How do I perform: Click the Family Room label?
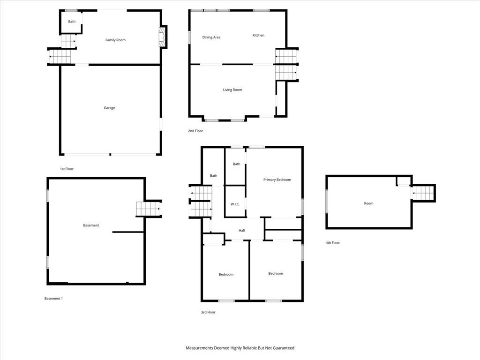[x=115, y=40]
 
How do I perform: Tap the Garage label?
[x=109, y=108]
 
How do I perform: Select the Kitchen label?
[x=258, y=35]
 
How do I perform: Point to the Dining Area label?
[x=211, y=37]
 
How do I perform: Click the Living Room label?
[x=232, y=90]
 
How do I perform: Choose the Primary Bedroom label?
[x=277, y=180]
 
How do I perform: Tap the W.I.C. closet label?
[x=235, y=204]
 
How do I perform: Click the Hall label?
[x=241, y=231]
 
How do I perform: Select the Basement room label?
[x=91, y=225]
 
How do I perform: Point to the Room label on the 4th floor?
[x=368, y=203]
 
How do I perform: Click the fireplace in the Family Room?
[x=162, y=37]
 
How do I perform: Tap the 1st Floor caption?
[x=67, y=169]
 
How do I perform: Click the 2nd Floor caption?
[x=195, y=131]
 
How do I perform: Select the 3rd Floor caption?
[x=208, y=312]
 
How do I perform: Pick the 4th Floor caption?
[x=332, y=243]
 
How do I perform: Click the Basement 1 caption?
[x=53, y=299]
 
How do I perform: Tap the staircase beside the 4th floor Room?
[x=423, y=193]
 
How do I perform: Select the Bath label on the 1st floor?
[x=72, y=22]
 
